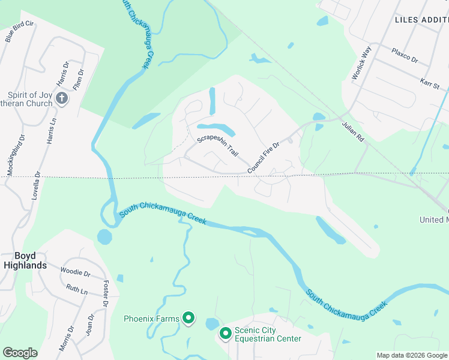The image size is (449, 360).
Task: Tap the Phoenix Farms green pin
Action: tap(188, 318)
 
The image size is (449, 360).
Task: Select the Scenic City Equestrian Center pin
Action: tap(226, 334)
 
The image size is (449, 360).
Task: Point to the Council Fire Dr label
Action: tap(264, 157)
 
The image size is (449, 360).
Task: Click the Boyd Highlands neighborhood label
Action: tap(25, 260)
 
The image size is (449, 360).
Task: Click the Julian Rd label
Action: tap(353, 133)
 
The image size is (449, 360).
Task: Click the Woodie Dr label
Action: tap(75, 272)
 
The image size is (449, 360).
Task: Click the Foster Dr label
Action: tap(106, 294)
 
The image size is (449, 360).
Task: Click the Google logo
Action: tap(20, 353)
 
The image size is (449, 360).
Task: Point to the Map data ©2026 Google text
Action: tap(412, 355)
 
